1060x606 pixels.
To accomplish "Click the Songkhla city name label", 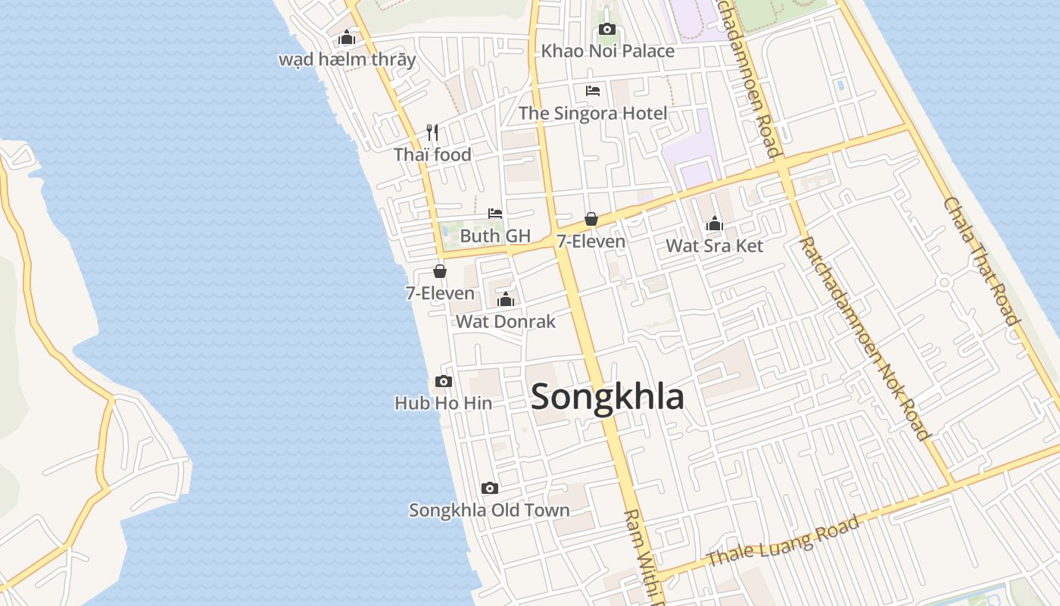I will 607,397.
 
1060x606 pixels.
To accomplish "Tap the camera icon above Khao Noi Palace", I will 607,30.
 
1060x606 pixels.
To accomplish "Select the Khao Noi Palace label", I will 607,52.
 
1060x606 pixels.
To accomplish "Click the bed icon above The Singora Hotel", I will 593,91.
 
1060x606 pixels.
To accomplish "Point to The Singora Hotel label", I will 593,114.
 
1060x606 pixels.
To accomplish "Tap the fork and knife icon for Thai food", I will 432,133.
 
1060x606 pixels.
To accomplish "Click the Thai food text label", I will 432,155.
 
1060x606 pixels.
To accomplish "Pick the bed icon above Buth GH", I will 495,214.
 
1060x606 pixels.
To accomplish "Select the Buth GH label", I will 495,236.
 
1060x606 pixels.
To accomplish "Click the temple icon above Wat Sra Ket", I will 714,223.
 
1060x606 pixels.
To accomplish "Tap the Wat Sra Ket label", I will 714,245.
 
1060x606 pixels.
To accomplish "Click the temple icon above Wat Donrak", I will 506,299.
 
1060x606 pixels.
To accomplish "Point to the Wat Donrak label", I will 506,321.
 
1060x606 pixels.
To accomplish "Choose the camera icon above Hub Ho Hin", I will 444,381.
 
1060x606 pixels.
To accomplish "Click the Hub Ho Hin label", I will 444,403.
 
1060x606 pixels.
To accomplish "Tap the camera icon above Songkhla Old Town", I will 490,488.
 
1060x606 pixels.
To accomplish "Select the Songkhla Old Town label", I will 490,510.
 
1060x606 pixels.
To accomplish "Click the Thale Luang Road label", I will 784,540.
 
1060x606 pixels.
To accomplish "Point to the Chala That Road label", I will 980,261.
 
